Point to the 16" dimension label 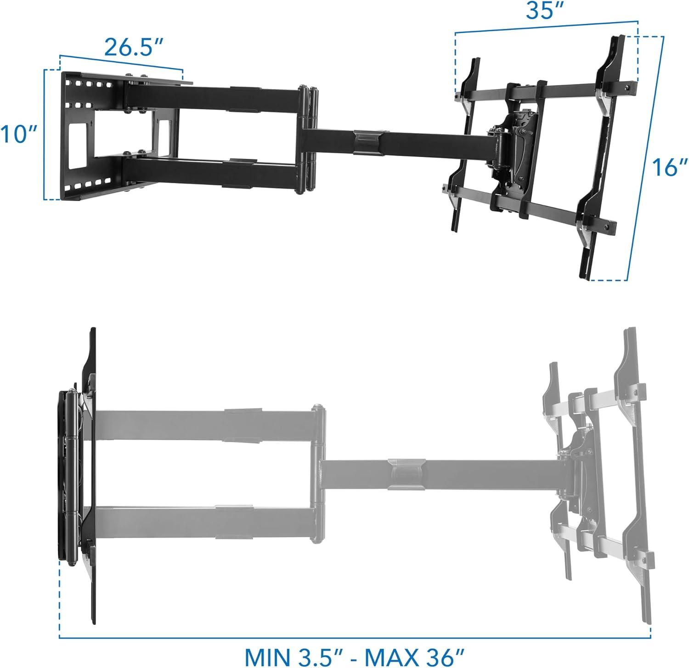pyautogui.click(x=666, y=166)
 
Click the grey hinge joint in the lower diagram pyautogui.click(x=318, y=473)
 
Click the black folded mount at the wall pyautogui.click(x=76, y=473)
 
